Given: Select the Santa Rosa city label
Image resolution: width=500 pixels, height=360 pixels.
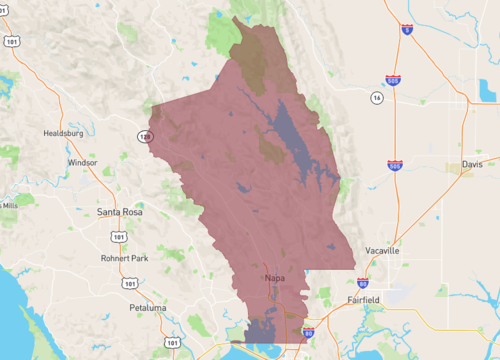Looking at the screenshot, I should [x=120, y=212].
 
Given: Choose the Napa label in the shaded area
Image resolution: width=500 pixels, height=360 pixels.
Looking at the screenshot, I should [x=275, y=278].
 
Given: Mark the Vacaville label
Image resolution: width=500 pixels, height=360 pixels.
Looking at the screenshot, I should [x=382, y=251].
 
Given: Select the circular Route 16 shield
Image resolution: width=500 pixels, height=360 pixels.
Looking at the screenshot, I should [x=376, y=99].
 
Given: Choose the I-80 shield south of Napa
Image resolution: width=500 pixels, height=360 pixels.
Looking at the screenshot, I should [x=308, y=331].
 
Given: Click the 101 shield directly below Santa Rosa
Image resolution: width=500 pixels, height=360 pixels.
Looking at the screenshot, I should [x=117, y=237].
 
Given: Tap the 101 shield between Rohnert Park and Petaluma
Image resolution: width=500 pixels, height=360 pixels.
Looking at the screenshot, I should [x=131, y=283].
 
